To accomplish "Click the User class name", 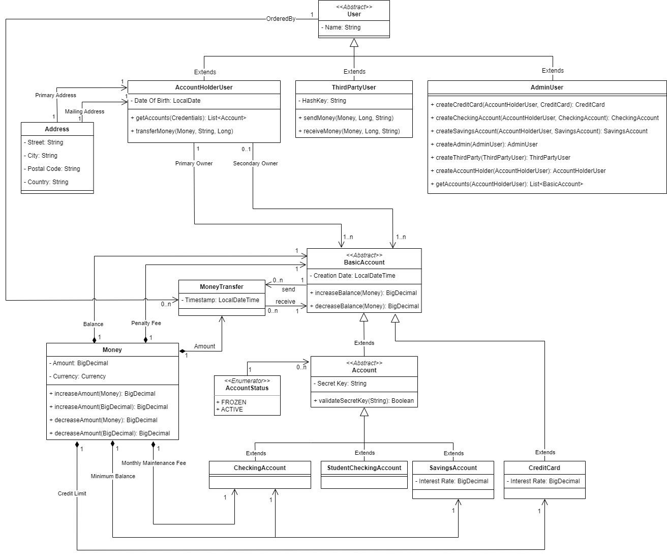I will click(x=354, y=14).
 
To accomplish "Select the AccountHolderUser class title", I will click(x=204, y=87).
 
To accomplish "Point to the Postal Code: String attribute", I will click(x=52, y=169).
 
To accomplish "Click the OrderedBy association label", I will click(x=281, y=19).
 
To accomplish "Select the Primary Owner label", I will click(x=194, y=164).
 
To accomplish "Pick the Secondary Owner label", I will click(x=255, y=164).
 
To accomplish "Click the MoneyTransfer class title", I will click(x=222, y=287).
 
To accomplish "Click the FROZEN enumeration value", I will click(x=232, y=402).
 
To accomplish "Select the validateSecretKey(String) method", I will click(x=364, y=401).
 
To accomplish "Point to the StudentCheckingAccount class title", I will click(x=364, y=468).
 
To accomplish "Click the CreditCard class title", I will click(x=544, y=468).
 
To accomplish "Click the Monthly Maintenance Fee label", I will click(x=154, y=463).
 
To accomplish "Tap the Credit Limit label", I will click(x=72, y=494).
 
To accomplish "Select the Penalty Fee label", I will click(x=146, y=324).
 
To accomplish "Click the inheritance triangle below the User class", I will click(x=354, y=43).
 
